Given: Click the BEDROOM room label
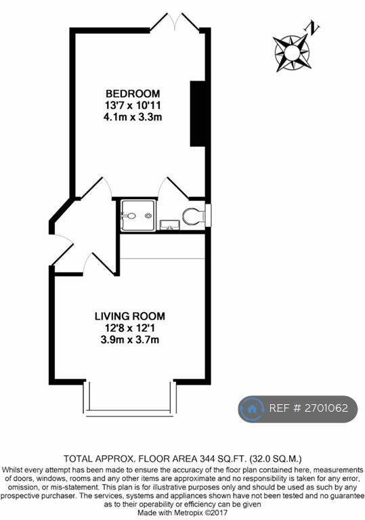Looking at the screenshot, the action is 133,93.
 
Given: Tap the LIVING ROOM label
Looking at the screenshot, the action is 130,316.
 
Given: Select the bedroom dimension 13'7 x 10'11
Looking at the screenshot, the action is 133,106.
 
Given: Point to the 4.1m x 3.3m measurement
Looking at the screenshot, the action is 133,117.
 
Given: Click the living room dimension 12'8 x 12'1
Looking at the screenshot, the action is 130,328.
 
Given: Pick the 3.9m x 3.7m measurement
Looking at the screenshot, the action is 130,340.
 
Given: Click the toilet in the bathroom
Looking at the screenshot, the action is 194,216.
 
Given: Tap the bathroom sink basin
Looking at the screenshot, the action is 169,225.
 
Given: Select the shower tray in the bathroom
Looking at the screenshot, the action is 137,215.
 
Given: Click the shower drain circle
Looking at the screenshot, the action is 148,215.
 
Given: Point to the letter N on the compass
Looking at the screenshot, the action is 313,28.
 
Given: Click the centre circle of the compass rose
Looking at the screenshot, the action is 292,52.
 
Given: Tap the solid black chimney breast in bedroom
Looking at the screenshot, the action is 197,114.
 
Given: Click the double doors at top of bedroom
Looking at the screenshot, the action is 175,22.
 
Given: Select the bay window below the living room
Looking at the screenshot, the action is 129,398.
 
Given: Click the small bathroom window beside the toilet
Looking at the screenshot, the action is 208,215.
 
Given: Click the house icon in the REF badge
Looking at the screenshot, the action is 252,408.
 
